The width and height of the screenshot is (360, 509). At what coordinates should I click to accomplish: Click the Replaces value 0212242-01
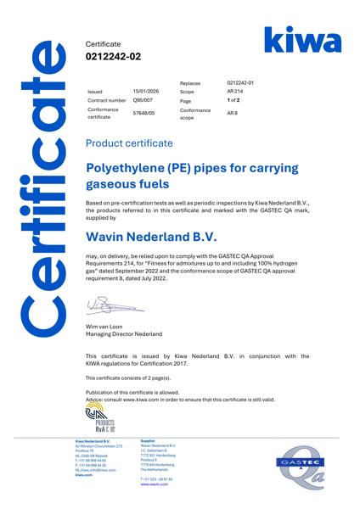click(242, 83)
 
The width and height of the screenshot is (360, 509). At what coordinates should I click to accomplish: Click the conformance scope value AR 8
click(233, 114)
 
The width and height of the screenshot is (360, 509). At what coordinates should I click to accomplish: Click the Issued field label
click(94, 90)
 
